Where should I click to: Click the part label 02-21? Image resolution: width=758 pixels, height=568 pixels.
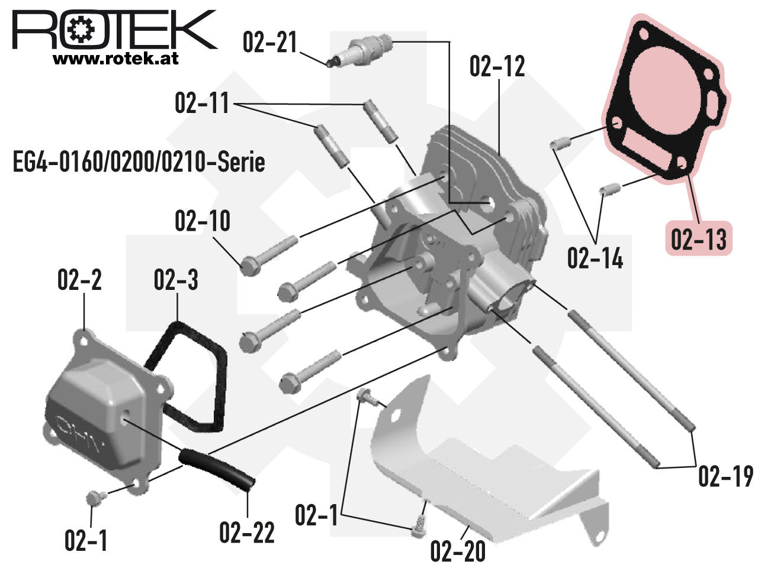[x=269, y=43]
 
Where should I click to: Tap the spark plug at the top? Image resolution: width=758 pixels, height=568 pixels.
[x=359, y=51]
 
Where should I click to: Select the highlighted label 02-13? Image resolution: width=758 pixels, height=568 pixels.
[x=699, y=238]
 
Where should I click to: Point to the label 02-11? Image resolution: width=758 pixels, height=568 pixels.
[x=202, y=103]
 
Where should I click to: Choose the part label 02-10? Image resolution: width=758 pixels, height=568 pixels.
[x=203, y=221]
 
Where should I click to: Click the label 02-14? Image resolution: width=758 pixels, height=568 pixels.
[x=595, y=258]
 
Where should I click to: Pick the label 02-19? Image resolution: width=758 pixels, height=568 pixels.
[x=725, y=476]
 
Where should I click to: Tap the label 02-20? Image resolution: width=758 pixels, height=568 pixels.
[x=458, y=552]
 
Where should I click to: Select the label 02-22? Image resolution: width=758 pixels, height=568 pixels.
[x=247, y=532]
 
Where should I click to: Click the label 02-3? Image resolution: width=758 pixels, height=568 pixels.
[x=176, y=280]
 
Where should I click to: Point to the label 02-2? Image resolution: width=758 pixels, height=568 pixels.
[x=80, y=280]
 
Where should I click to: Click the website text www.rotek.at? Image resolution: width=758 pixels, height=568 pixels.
[x=115, y=59]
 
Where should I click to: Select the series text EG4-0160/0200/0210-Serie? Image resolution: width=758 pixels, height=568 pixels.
[x=139, y=162]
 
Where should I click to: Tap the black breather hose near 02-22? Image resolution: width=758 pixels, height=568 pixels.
[x=217, y=469]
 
